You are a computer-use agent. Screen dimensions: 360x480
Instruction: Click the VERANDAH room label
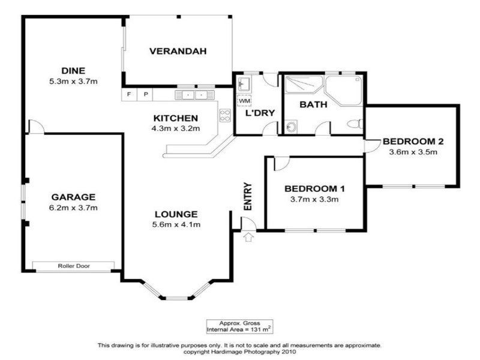[x=178, y=52]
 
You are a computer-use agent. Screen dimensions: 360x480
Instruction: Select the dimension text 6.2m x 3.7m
[x=74, y=208]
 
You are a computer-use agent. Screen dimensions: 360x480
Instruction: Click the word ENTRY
[x=247, y=196]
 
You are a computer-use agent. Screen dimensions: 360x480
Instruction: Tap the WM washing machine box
[x=244, y=100]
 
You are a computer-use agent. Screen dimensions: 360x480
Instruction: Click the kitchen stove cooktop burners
[x=226, y=115]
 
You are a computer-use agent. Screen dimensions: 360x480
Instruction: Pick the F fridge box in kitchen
[x=128, y=95]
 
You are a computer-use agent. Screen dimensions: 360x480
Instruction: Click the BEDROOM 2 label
[x=413, y=142]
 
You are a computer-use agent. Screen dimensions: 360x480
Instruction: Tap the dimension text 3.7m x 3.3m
[x=314, y=199]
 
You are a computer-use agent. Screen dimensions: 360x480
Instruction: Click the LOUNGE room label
[x=176, y=214]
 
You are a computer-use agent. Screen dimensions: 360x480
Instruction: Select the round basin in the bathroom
[x=291, y=127]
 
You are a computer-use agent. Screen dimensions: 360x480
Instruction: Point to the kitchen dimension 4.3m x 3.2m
[x=176, y=128]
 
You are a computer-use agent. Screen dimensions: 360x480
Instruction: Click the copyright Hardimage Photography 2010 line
[x=239, y=352]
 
